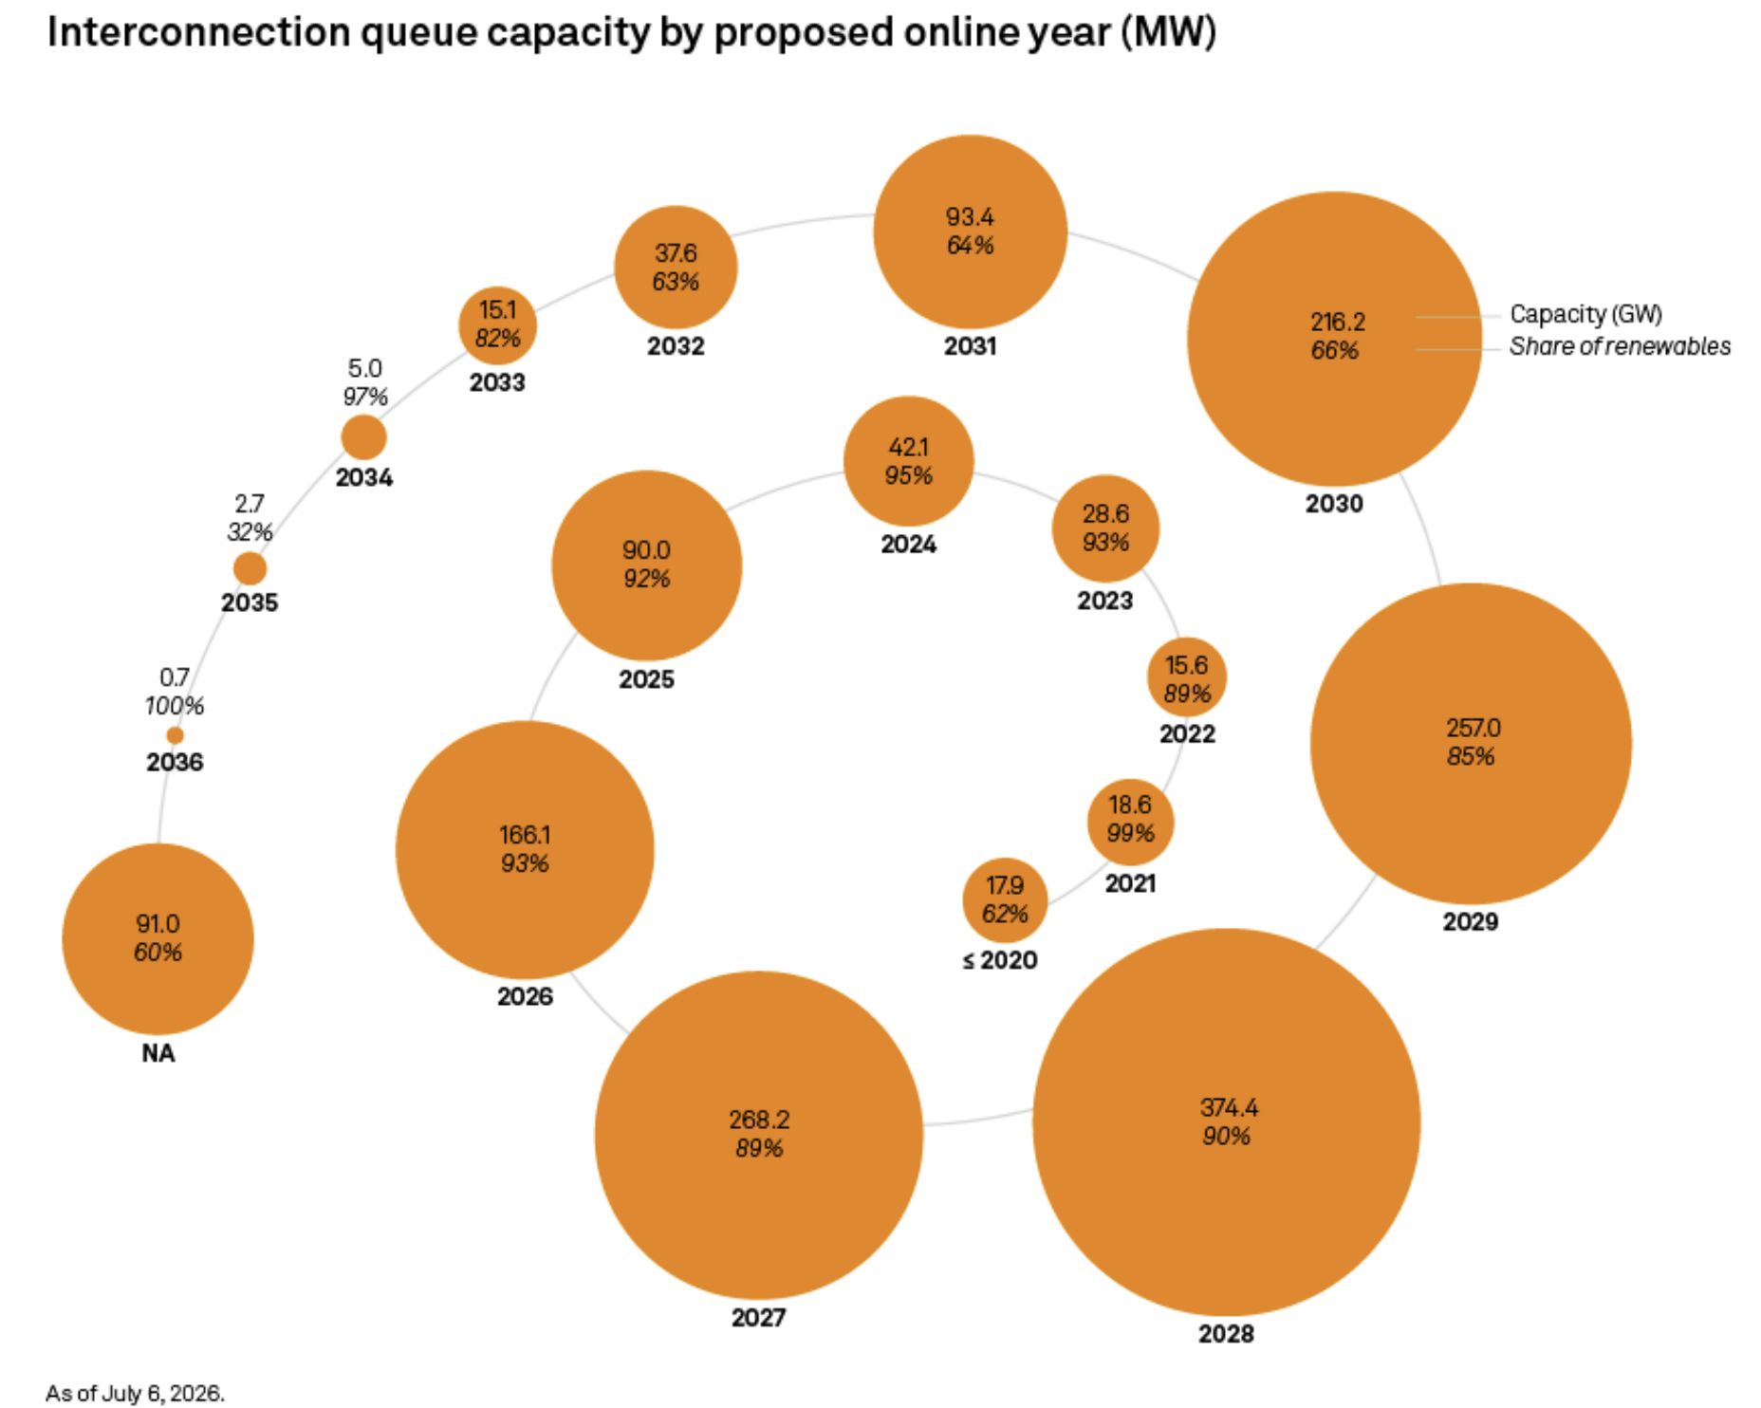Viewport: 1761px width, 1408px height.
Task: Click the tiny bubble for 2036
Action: click(175, 735)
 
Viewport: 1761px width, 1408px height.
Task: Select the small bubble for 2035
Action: click(250, 569)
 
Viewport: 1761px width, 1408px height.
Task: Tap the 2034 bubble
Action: click(363, 438)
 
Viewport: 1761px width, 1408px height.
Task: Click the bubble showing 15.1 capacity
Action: click(497, 325)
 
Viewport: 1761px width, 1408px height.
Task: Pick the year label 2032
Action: click(676, 346)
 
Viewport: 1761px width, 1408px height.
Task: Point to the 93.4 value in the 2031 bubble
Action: click(970, 217)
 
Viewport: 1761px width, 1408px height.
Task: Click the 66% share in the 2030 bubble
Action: click(1334, 350)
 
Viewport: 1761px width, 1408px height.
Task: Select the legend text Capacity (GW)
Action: click(1585, 314)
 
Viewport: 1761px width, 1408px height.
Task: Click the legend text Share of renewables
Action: click(1620, 346)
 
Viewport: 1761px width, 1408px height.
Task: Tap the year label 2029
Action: click(1470, 921)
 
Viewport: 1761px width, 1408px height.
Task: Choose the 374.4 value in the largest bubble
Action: click(1229, 1107)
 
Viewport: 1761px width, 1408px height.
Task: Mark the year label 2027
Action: click(758, 1317)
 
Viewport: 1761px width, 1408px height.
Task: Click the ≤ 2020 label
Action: click(1000, 960)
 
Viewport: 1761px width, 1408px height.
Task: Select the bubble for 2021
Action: click(1130, 823)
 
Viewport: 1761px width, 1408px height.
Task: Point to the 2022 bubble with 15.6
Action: click(1187, 677)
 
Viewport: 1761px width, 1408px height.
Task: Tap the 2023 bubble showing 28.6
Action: click(1105, 528)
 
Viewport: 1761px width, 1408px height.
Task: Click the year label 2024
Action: click(908, 545)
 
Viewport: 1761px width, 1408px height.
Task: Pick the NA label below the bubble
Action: click(158, 1053)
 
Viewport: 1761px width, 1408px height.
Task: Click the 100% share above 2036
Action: click(175, 706)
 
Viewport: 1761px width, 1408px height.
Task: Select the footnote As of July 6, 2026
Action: click(135, 1393)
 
